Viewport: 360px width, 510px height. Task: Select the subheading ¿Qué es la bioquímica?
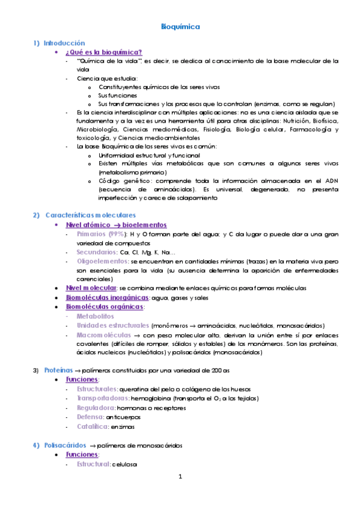(103, 52)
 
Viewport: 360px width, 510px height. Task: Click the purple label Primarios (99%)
(101, 233)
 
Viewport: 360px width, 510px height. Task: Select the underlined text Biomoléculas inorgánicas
(108, 297)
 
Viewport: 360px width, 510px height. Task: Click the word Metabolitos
(96, 316)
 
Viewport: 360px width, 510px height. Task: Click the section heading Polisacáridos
(66, 446)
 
